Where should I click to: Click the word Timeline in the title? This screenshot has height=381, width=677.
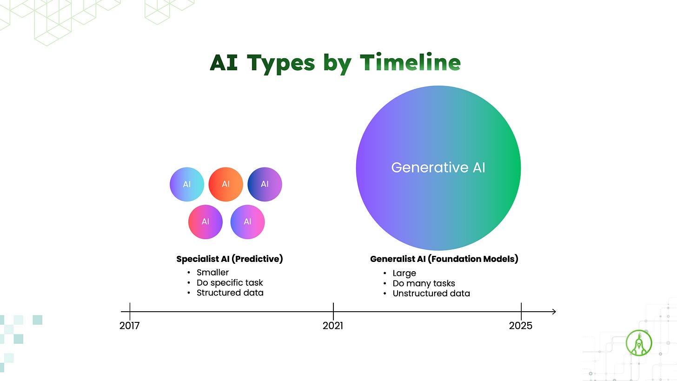tap(410, 63)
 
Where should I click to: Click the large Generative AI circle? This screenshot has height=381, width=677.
tap(438, 168)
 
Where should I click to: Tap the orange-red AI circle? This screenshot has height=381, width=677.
tap(226, 184)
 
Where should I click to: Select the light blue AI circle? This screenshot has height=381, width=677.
tap(187, 184)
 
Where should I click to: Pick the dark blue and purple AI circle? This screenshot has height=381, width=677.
tap(265, 184)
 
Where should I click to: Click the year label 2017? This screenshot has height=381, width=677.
tap(130, 326)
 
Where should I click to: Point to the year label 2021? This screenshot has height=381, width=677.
tap(333, 326)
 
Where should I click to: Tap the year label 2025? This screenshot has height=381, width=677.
tap(520, 326)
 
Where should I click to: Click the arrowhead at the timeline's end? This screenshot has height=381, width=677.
tap(554, 312)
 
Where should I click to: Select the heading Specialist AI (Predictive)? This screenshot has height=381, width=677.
tap(230, 259)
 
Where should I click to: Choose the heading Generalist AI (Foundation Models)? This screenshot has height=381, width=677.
tap(445, 259)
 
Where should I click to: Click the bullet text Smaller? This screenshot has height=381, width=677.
tap(213, 273)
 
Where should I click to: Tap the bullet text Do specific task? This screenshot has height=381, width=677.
tap(230, 283)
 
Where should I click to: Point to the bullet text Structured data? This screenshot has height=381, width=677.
tap(230, 293)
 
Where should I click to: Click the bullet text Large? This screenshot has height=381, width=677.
tap(405, 274)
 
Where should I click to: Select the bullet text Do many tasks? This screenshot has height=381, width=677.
tap(424, 283)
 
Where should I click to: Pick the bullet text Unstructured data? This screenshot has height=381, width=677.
tap(431, 293)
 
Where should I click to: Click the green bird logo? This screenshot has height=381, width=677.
tap(638, 343)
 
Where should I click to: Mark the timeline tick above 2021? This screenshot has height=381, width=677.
tap(333, 312)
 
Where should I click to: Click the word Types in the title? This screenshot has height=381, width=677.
tap(281, 64)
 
